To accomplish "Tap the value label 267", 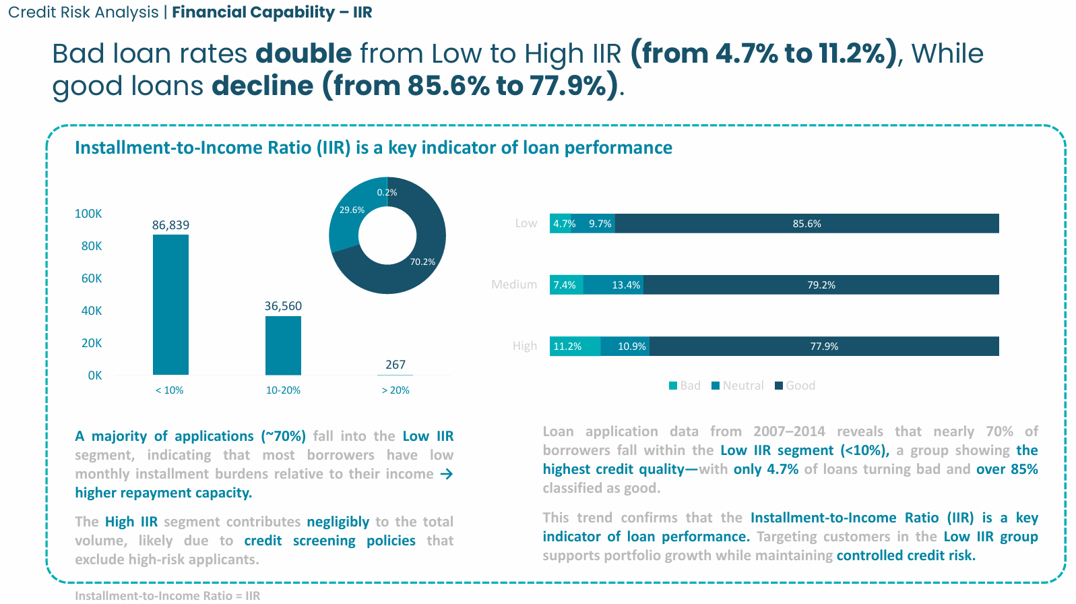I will click(x=395, y=365).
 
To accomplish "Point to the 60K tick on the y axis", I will click(x=92, y=278).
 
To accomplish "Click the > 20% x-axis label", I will click(x=395, y=390).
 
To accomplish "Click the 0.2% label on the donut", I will click(x=387, y=193).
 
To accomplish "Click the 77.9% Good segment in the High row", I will click(x=823, y=346).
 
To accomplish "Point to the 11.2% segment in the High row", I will click(x=575, y=346).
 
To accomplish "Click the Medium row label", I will click(x=514, y=284).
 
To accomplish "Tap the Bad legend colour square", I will click(x=673, y=386).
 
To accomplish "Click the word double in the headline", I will click(x=303, y=54).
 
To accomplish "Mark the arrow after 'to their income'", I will click(x=446, y=474).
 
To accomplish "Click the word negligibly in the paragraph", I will click(x=338, y=522).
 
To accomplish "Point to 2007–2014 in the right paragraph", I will click(x=789, y=431).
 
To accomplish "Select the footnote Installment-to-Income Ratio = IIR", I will click(x=167, y=596).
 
